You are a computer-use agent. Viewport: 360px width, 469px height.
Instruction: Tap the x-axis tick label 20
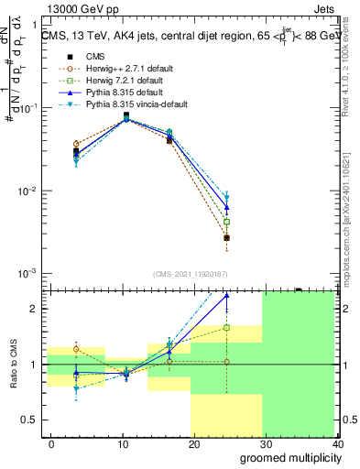(194, 443)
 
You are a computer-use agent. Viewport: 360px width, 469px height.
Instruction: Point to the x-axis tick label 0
(51, 443)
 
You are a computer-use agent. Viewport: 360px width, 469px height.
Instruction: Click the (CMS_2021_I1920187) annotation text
(190, 273)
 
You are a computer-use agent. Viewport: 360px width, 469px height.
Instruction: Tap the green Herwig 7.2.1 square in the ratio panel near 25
(226, 327)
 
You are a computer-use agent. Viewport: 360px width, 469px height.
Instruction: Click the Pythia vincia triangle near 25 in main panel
(226, 198)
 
